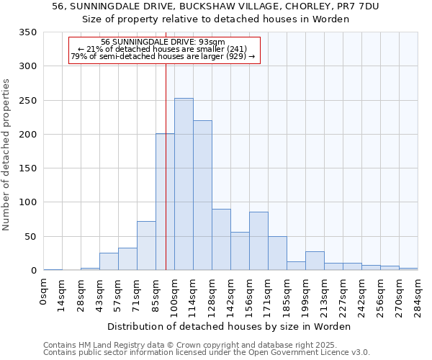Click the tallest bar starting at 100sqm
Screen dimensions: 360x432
point(184,184)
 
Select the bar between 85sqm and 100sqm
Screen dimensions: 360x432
point(165,202)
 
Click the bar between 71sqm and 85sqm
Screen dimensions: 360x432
point(146,246)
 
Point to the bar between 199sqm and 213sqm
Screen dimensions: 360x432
point(315,261)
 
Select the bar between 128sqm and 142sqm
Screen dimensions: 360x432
point(221,240)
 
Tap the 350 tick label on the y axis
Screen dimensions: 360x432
point(28,32)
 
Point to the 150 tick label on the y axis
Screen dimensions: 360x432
point(28,168)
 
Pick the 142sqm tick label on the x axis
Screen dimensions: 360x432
point(231,294)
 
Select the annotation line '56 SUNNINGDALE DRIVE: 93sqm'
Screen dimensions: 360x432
point(163,42)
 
